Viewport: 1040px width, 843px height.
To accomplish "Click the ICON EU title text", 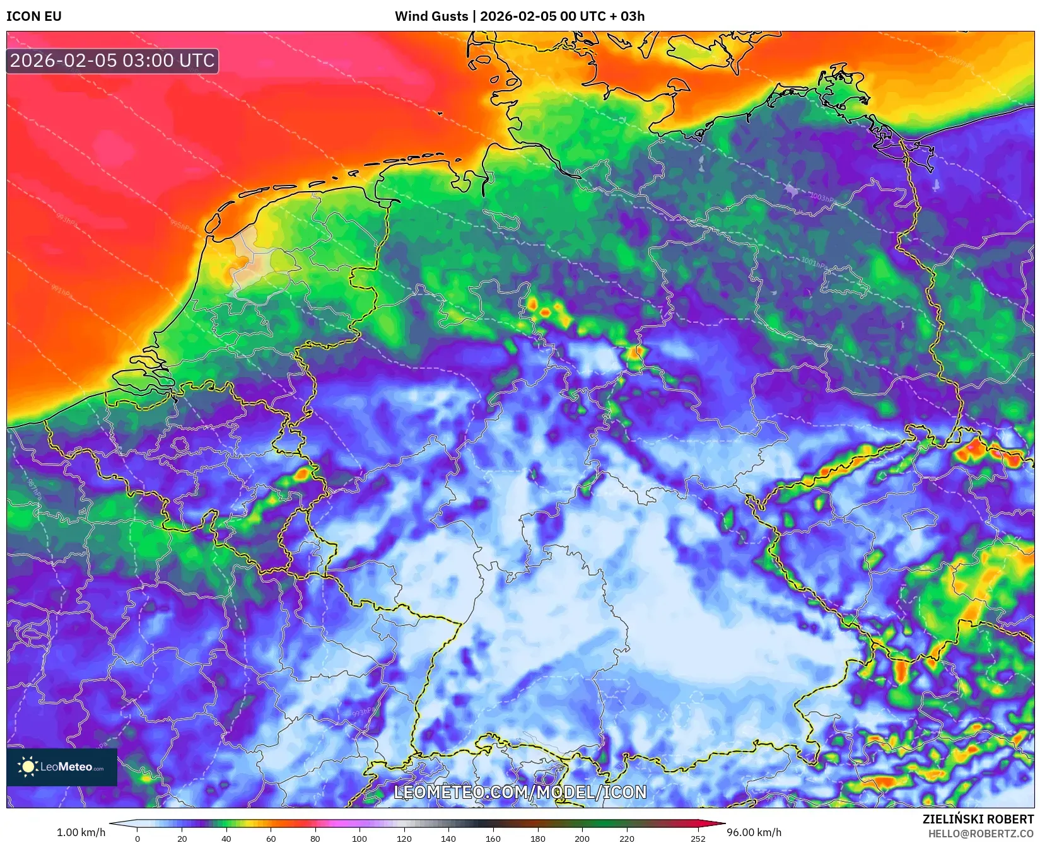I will click(34, 16).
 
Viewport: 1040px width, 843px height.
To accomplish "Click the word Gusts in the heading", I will click(449, 16).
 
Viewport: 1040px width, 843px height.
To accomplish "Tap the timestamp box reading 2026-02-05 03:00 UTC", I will click(112, 61).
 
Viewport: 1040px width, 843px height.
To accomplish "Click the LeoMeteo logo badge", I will click(62, 767).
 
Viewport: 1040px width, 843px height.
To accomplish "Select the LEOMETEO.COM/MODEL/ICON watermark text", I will click(520, 792).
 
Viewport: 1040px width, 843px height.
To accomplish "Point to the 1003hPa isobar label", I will click(821, 197).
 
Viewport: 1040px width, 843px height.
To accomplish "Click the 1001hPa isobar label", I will click(814, 262).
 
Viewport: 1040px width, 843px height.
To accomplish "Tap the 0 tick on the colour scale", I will click(137, 838).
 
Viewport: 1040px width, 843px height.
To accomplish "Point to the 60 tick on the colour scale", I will click(271, 838).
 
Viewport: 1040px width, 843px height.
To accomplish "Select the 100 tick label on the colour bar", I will click(359, 838).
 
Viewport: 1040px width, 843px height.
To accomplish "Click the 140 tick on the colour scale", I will click(448, 838).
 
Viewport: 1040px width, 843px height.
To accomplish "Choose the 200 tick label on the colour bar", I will click(581, 838).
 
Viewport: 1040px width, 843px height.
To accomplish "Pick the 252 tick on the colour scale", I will click(698, 838).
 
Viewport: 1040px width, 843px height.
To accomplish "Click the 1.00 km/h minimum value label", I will click(81, 832).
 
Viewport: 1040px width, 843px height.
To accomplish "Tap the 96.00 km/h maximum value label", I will click(754, 832).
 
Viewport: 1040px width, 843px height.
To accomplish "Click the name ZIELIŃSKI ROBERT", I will click(978, 819).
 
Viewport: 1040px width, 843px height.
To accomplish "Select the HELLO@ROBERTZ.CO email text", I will click(981, 834).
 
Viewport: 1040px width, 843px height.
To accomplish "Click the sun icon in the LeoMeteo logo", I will click(28, 767).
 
